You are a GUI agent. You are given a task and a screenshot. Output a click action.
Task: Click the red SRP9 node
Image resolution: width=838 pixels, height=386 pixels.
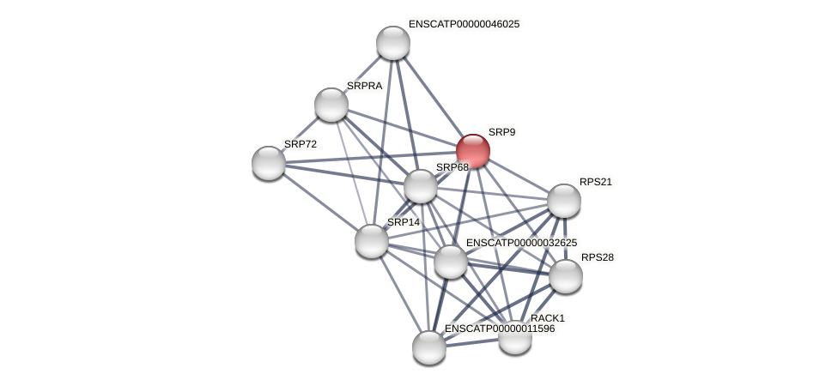pos(472,151)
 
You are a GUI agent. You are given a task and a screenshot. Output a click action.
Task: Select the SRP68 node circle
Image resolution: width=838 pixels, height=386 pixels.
pos(420,186)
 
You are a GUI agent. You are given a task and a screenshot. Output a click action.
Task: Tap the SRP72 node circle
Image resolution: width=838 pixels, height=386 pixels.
pos(269,163)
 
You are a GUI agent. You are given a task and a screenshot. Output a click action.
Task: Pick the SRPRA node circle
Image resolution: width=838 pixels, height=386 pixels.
pos(331,105)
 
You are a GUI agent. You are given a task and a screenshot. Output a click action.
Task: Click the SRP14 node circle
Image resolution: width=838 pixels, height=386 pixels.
pos(372,241)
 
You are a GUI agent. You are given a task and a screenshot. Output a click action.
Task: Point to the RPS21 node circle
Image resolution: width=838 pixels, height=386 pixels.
pos(563,201)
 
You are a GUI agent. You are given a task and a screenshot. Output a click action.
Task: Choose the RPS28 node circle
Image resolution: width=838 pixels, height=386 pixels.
pos(565,276)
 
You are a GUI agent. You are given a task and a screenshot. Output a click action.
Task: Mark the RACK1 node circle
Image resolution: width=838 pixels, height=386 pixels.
pos(515,337)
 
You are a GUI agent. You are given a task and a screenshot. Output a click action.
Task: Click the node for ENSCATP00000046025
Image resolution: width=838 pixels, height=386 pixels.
pos(393,43)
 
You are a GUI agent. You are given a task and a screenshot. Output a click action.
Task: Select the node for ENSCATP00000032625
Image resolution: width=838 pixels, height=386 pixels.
pos(450,262)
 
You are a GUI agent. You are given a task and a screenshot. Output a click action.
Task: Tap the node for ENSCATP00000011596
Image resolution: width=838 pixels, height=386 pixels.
pos(429,347)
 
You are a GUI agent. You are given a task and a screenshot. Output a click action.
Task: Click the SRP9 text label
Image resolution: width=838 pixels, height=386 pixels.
pos(501,132)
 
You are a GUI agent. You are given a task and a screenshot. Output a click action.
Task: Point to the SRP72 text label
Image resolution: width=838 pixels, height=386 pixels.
pos(301,144)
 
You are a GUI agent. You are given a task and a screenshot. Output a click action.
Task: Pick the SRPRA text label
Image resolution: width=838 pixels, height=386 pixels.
pos(364,86)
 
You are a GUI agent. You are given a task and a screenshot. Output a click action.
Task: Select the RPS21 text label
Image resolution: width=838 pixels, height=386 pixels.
pos(596,182)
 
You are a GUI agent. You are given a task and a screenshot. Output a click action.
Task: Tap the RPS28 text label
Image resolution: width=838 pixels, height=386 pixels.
pos(598,257)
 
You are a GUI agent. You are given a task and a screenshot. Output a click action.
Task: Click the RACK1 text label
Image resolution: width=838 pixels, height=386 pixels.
pos(548,318)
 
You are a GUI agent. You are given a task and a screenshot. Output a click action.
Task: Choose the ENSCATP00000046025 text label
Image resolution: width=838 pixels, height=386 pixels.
pos(464,24)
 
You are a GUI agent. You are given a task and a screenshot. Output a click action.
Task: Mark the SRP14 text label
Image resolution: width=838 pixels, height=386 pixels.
pos(404,222)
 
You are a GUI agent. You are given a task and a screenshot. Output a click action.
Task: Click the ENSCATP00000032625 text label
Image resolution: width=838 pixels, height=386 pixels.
pos(521,243)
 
